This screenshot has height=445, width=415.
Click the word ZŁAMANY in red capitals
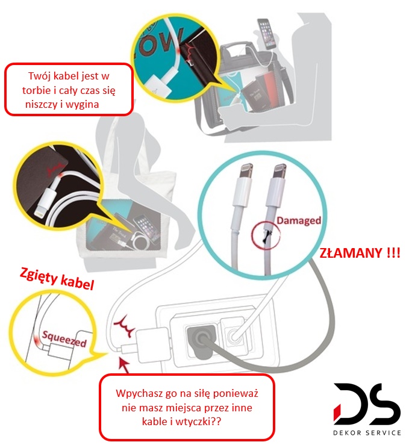(351, 252)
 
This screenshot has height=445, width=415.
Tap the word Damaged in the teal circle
(299, 221)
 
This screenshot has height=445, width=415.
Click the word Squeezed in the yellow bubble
(64, 339)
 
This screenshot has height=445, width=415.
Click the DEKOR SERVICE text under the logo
(367, 432)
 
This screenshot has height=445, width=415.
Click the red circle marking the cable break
(266, 235)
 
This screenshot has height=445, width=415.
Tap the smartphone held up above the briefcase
(267, 34)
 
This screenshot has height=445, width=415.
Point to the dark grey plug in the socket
(199, 338)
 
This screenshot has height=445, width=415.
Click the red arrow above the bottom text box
(124, 366)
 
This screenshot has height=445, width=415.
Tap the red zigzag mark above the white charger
(124, 326)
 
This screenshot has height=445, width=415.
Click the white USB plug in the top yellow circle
(158, 86)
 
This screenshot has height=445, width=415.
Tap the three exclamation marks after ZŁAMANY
(393, 252)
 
